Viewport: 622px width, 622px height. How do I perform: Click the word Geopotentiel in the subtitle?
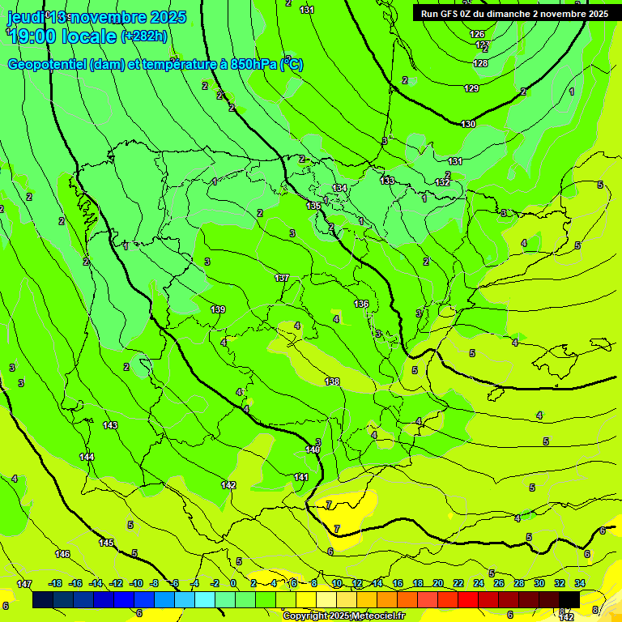click(46, 65)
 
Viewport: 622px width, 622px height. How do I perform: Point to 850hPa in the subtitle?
click(251, 65)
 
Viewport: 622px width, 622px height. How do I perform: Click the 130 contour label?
click(468, 124)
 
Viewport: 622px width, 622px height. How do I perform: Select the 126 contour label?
click(478, 34)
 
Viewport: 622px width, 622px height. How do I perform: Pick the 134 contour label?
click(339, 188)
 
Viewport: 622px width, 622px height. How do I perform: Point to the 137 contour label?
click(282, 278)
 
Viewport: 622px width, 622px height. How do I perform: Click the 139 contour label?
click(218, 309)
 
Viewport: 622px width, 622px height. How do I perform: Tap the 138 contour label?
click(332, 381)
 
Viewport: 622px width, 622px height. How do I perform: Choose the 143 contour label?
click(110, 425)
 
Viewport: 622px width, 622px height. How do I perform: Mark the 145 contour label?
click(106, 543)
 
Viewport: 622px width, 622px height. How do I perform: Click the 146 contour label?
click(62, 554)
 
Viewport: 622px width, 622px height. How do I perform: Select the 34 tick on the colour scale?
click(581, 583)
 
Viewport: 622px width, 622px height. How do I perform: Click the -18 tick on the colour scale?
click(56, 583)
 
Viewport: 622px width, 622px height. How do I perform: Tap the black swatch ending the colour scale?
click(569, 600)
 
